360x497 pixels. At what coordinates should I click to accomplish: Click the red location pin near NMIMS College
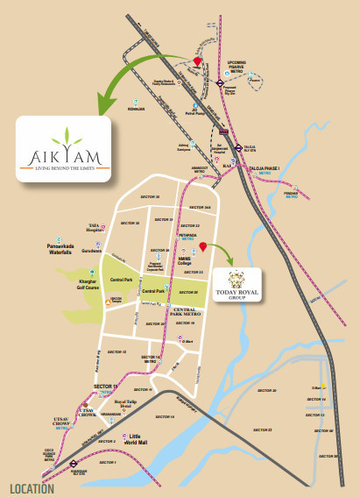point(202,247)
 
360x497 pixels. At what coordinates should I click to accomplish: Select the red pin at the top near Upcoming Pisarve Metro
point(197,61)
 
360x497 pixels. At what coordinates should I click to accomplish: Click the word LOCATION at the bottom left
point(32,488)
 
